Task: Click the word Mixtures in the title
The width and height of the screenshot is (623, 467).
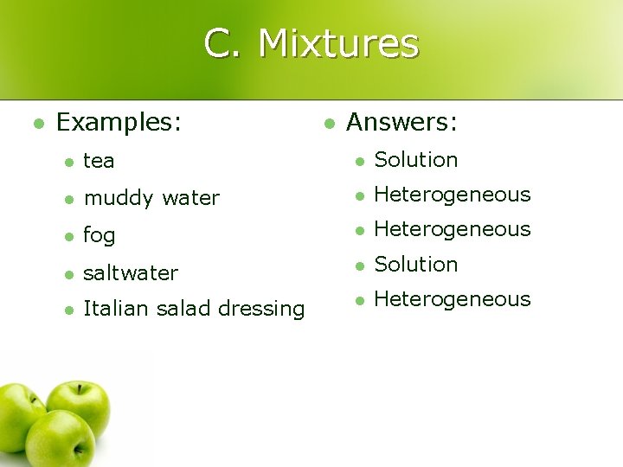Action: click(338, 42)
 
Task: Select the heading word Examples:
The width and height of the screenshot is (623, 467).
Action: click(119, 123)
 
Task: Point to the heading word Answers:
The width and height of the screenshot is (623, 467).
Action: click(401, 123)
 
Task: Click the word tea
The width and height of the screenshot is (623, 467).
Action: click(99, 161)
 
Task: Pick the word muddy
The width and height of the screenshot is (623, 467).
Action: click(117, 198)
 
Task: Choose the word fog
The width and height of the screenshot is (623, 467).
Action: click(99, 236)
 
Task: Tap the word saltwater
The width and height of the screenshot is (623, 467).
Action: click(130, 273)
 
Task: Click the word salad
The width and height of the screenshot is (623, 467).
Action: click(181, 309)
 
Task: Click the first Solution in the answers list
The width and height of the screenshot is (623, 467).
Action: click(415, 160)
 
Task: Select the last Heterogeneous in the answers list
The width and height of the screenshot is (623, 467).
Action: click(452, 299)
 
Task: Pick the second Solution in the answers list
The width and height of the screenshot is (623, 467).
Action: click(415, 264)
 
